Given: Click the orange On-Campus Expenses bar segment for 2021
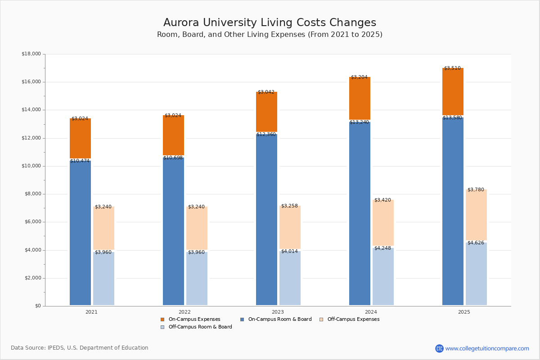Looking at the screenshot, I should (80, 139).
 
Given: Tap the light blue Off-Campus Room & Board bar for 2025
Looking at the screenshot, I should (476, 274).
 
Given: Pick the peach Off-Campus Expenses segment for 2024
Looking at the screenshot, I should (383, 222).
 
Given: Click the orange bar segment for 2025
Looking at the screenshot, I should (453, 92).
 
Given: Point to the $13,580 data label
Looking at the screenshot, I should (452, 118).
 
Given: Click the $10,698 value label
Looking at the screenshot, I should (173, 158).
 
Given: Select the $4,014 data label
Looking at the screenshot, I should (289, 252).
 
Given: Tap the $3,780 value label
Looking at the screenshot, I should (476, 190).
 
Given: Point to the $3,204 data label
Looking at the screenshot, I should (359, 77).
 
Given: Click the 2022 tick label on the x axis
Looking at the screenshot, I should (184, 312).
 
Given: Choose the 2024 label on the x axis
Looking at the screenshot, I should (371, 312).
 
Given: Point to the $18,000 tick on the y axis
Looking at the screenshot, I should (31, 54).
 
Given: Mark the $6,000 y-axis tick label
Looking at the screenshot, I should (32, 222).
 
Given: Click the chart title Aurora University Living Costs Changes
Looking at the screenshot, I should (270, 23).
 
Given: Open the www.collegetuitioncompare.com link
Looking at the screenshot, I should (487, 348).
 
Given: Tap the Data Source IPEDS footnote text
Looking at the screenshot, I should (80, 348).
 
